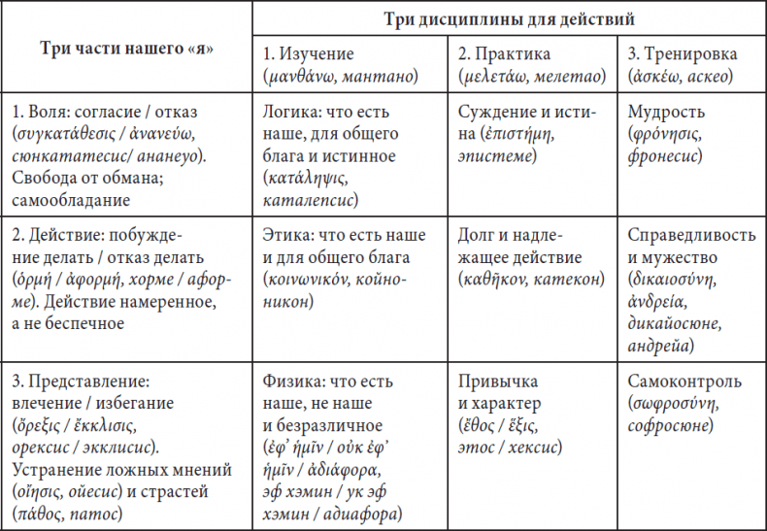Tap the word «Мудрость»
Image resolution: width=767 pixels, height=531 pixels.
point(666,113)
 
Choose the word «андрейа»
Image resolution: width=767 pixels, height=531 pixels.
point(660,347)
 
